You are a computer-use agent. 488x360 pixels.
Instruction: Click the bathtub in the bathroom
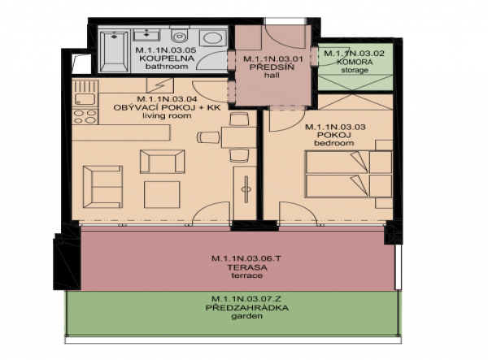click(114, 51)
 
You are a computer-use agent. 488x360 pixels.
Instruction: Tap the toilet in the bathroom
click(180, 36)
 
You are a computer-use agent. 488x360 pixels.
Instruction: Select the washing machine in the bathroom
click(213, 38)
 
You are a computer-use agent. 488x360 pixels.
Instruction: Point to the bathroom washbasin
click(146, 35)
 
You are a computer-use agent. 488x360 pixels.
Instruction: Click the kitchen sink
click(85, 99)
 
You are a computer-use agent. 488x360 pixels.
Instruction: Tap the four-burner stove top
click(85, 116)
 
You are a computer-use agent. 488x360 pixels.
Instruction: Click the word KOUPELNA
click(167, 59)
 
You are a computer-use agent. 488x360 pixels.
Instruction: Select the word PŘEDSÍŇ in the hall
click(272, 67)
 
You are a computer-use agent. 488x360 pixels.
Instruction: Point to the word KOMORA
click(355, 62)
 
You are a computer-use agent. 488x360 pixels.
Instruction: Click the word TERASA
click(247, 267)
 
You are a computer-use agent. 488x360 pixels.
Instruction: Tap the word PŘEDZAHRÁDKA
click(246, 308)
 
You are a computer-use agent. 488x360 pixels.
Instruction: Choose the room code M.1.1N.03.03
click(335, 127)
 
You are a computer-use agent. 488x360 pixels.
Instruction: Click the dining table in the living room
click(238, 137)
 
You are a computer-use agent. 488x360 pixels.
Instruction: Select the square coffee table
click(162, 194)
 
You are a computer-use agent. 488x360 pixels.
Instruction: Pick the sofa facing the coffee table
click(102, 187)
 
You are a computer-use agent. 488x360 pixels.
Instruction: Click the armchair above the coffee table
click(162, 162)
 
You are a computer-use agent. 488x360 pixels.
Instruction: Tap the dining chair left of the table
click(208, 137)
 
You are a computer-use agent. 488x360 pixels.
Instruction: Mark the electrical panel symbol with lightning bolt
click(160, 85)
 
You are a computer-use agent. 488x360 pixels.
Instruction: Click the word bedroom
click(334, 143)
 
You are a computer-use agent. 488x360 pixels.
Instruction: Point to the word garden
click(246, 316)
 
